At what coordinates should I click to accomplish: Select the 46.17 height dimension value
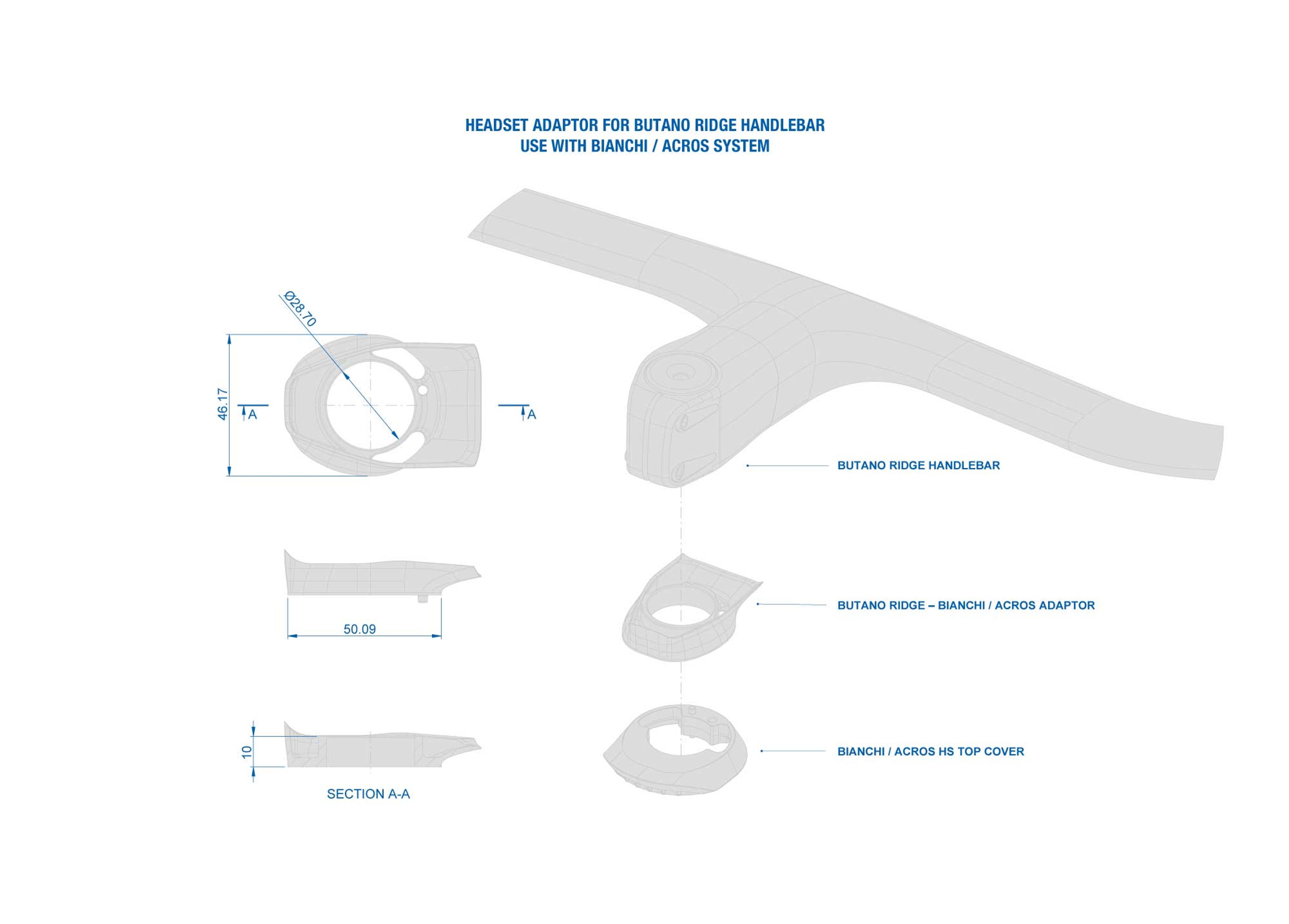point(223,404)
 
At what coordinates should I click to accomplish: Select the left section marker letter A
point(253,415)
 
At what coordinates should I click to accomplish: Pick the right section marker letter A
point(531,415)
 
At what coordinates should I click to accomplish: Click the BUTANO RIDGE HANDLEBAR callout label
point(918,466)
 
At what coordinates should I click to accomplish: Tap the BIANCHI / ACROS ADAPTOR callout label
point(966,605)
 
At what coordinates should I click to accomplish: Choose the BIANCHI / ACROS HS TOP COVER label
point(930,751)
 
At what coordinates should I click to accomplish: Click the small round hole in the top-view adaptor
point(422,390)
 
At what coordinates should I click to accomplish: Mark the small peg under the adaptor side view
point(422,599)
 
